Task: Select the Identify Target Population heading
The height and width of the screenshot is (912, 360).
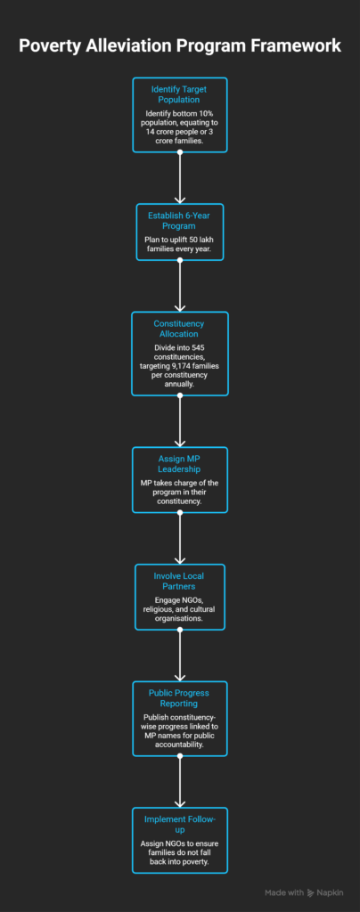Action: coord(180,94)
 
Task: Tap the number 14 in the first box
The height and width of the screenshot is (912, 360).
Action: coord(151,132)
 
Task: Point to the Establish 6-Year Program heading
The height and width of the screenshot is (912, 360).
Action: coord(180,221)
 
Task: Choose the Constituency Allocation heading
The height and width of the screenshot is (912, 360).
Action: coord(180,329)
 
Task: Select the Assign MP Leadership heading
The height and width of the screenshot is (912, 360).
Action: coord(180,464)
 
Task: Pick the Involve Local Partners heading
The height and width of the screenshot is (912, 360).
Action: coord(180,581)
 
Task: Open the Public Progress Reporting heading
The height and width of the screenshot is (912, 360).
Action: coord(180,698)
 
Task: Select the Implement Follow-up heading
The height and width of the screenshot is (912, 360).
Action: coord(180,824)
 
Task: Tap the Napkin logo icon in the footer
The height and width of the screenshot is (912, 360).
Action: coord(311,892)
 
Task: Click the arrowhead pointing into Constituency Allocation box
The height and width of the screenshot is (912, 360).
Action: coord(180,306)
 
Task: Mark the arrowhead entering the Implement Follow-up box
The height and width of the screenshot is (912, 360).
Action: coord(180,802)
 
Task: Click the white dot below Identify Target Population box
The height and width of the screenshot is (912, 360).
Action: coord(180,152)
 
